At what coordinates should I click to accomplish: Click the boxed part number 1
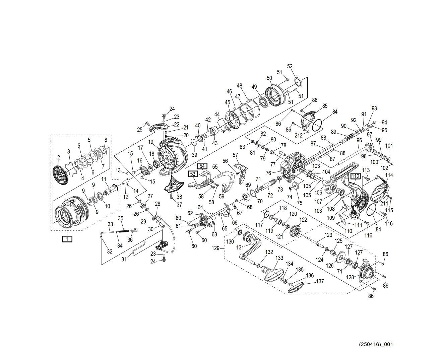67,239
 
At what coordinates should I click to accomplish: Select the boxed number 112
356,176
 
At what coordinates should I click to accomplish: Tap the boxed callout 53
193,174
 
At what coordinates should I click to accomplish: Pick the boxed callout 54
202,166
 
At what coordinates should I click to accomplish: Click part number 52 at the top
290,67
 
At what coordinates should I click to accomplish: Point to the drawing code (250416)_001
376,344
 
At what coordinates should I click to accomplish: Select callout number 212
299,135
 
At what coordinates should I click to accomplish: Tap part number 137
320,281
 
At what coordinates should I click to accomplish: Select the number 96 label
359,140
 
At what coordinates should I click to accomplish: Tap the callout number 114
389,175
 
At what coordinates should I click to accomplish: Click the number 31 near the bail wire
124,259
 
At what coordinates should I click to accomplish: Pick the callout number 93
374,108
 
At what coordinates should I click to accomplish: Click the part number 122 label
303,220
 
